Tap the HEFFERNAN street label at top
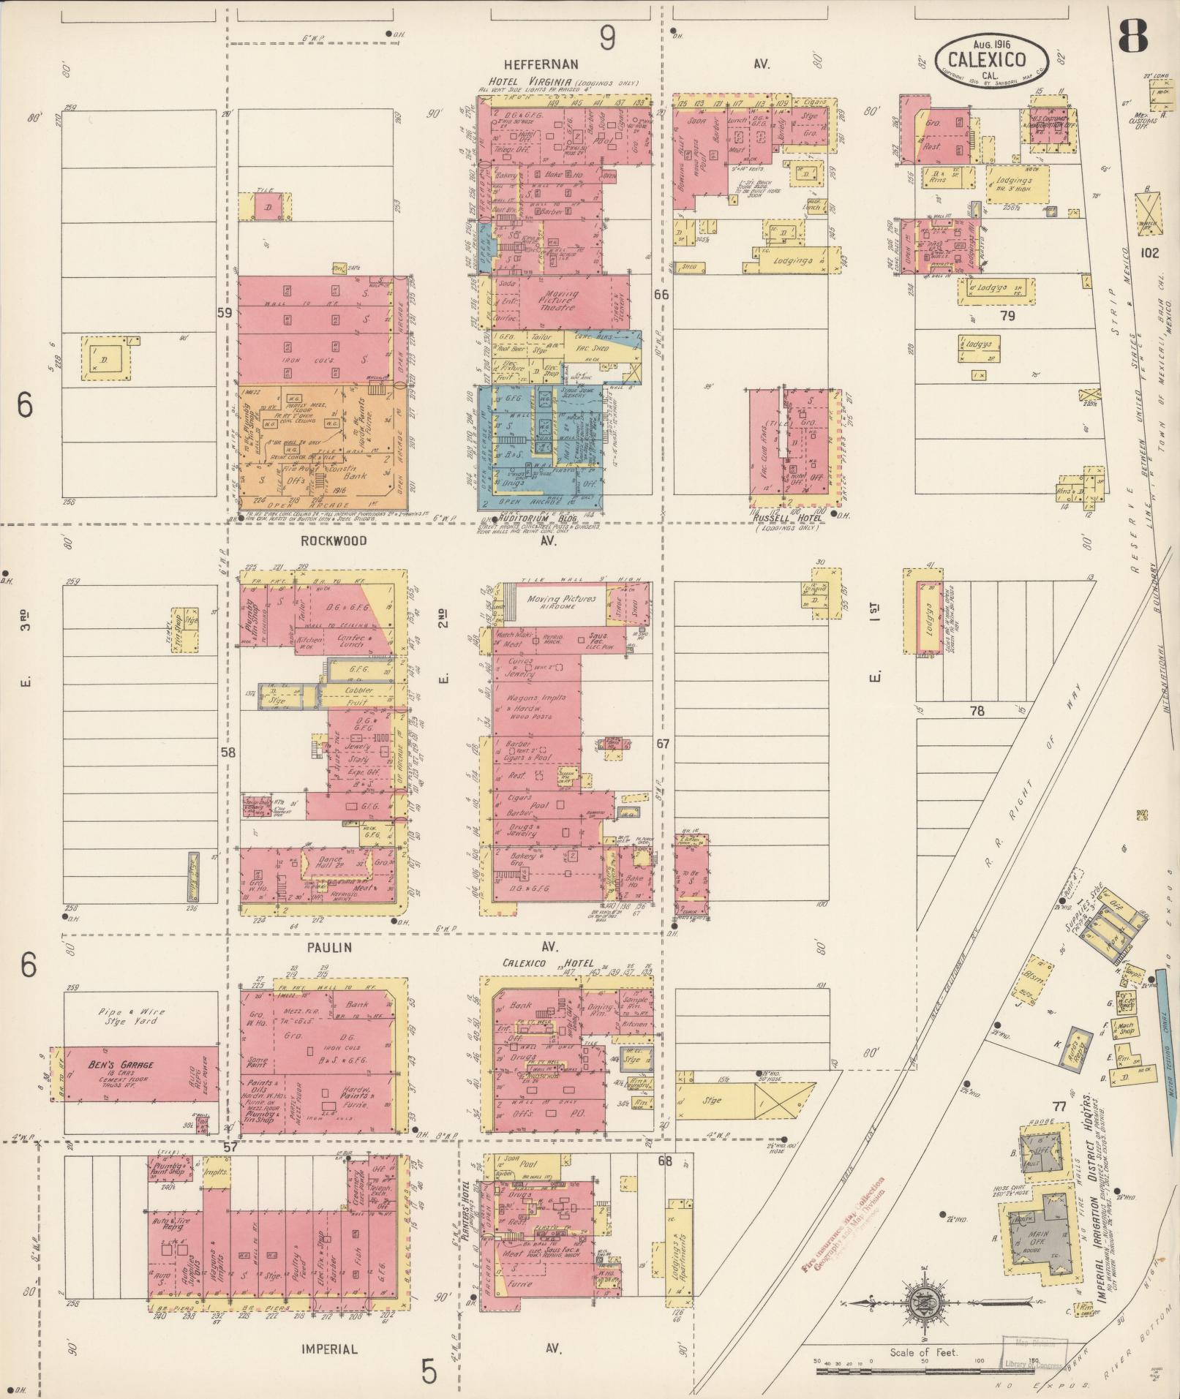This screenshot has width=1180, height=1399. [540, 64]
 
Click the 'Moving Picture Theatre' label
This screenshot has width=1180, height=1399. [562, 301]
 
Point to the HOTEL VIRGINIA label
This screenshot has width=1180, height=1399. [529, 83]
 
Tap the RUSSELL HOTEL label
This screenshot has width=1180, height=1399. [788, 518]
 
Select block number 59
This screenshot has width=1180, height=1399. [225, 312]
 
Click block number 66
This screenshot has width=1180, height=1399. [661, 295]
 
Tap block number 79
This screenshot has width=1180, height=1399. [1009, 316]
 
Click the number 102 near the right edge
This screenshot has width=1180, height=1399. [1150, 253]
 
